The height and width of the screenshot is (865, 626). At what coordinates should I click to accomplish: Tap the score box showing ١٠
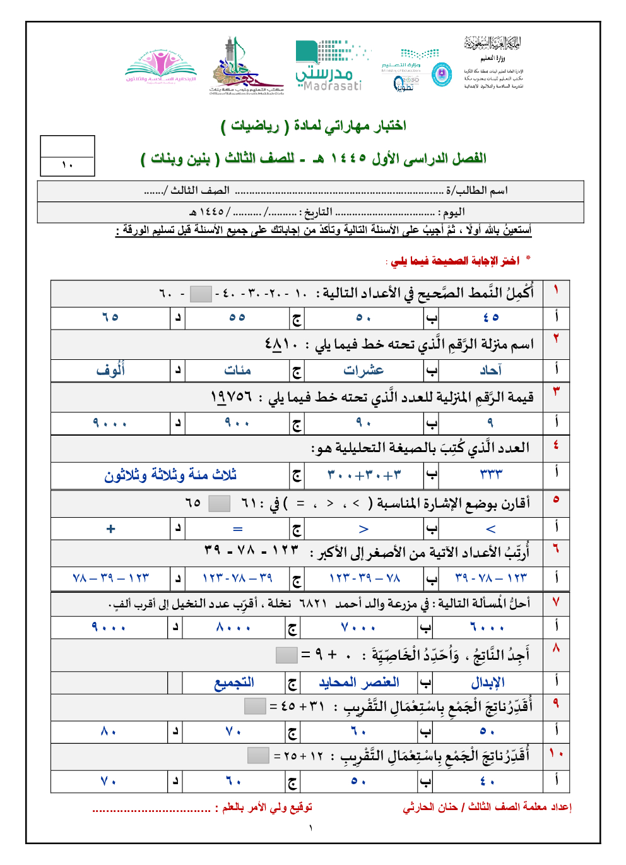[68, 165]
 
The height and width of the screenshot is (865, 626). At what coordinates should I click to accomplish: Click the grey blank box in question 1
[201, 294]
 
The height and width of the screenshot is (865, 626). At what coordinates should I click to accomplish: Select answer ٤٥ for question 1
[491, 318]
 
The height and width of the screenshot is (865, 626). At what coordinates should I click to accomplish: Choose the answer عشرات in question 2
[363, 371]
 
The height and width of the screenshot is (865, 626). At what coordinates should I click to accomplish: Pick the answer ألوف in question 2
[110, 371]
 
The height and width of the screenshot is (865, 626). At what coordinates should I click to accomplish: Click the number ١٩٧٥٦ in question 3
[231, 397]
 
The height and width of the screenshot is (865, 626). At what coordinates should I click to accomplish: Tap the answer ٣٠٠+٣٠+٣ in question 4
[364, 475]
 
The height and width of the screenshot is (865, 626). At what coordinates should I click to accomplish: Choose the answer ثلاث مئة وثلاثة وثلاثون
[170, 475]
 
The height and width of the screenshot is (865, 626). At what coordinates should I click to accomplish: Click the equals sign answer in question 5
[237, 529]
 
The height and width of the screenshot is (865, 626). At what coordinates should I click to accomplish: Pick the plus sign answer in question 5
[111, 529]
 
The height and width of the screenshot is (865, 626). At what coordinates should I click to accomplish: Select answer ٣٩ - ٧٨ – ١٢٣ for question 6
[491, 578]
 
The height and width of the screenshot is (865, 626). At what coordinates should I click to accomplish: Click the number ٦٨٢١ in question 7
[313, 604]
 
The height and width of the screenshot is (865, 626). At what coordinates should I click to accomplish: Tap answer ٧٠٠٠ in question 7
[358, 628]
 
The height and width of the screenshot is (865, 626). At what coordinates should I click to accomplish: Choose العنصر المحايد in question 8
[359, 683]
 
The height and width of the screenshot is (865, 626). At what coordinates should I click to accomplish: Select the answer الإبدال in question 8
[488, 683]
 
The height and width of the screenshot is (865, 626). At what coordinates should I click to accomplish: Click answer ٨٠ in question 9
[109, 732]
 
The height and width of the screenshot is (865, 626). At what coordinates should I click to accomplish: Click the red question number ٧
[556, 602]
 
